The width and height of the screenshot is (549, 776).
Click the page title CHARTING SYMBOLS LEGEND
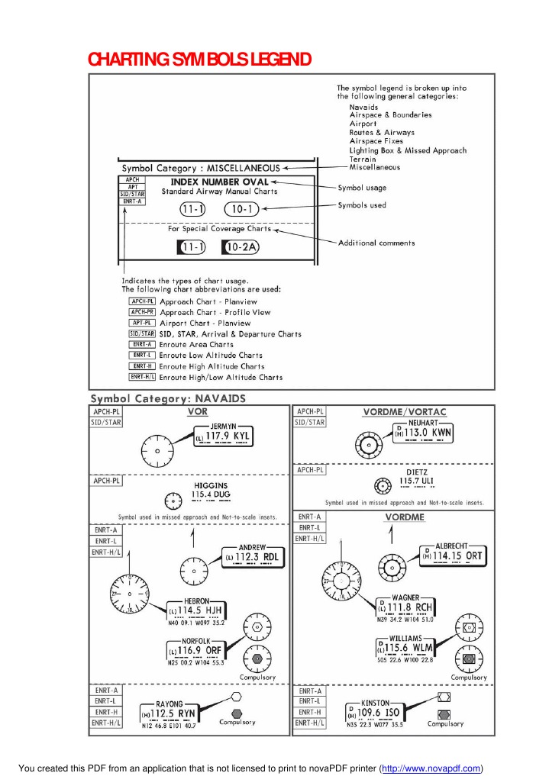[199, 59]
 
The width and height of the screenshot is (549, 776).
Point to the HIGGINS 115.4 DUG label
[210, 491]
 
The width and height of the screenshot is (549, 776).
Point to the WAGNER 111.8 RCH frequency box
[406, 607]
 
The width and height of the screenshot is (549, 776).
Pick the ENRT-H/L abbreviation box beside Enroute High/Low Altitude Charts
[142, 376]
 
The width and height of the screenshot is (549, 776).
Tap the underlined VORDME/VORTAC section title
[405, 412]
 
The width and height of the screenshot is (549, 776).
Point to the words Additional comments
[376, 243]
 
